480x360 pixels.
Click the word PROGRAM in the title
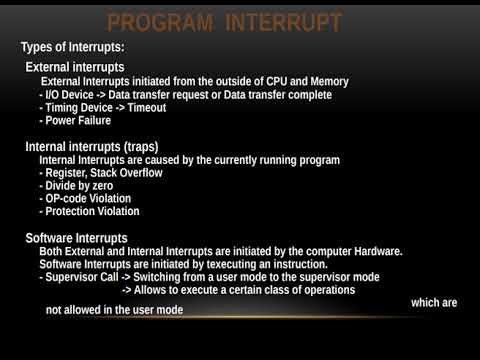pos(163,21)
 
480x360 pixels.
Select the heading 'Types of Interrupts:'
pos(74,48)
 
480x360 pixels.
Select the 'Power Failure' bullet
pos(81,120)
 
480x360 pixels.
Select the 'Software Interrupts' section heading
pos(76,238)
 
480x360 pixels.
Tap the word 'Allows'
pos(159,290)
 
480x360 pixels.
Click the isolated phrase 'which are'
pos(436,300)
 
